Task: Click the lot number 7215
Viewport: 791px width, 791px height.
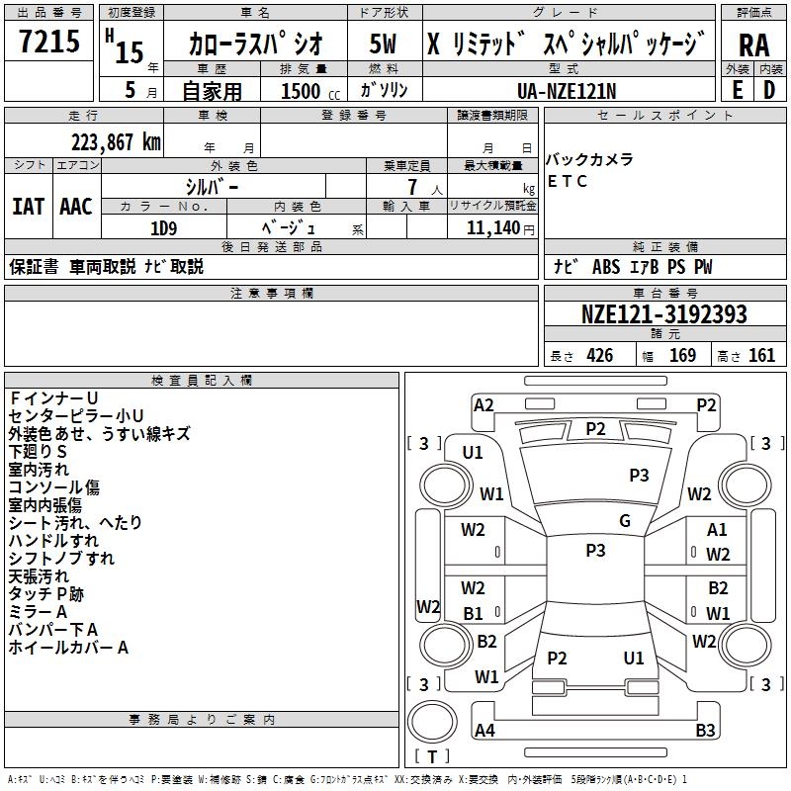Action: [x=49, y=42]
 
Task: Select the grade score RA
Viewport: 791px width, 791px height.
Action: [x=753, y=45]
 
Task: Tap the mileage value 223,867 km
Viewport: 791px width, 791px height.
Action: [x=116, y=142]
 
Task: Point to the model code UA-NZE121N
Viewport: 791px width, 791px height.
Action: [x=567, y=91]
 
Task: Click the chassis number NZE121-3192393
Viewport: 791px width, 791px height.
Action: [x=663, y=314]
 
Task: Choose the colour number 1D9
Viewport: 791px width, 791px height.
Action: [x=164, y=228]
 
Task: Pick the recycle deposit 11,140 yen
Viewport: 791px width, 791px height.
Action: [x=500, y=228]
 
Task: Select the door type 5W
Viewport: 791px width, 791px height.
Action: [x=383, y=44]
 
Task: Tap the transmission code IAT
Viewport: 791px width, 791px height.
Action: [x=28, y=207]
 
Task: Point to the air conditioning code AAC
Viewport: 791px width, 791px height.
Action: [x=76, y=207]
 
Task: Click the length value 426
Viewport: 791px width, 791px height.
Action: [x=599, y=356]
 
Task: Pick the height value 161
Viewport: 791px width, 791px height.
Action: [x=761, y=356]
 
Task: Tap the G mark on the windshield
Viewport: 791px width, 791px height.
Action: [x=625, y=521]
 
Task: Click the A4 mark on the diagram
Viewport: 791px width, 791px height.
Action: [x=484, y=730]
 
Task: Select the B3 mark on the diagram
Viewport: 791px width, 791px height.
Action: [x=705, y=730]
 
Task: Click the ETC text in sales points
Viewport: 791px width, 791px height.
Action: [x=567, y=181]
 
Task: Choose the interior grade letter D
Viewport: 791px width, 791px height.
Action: [x=769, y=90]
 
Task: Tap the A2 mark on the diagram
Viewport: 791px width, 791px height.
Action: [x=483, y=405]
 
